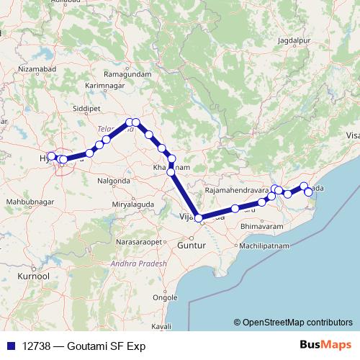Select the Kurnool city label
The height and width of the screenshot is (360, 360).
(34, 276)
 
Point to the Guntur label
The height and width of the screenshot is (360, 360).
(190, 246)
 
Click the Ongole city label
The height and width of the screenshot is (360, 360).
(166, 297)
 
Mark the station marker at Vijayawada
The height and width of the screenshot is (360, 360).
(199, 217)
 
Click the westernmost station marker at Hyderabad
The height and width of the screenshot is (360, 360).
(51, 156)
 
